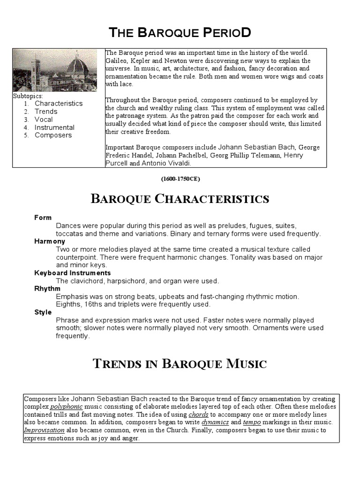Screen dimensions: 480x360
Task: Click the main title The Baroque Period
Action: click(x=180, y=32)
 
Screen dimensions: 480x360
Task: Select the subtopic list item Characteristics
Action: click(x=59, y=103)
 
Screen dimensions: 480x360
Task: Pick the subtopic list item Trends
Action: click(x=46, y=111)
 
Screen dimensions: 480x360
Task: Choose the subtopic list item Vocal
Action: click(x=44, y=119)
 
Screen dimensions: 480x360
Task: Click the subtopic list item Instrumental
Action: click(x=54, y=127)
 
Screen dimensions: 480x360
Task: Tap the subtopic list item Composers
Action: click(x=53, y=135)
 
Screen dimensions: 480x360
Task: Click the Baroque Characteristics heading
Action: click(x=180, y=199)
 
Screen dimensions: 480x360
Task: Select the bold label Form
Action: click(x=43, y=217)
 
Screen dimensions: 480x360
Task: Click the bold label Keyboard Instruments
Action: click(x=72, y=273)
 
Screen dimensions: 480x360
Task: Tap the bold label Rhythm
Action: click(x=47, y=289)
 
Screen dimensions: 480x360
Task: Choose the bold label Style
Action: click(x=43, y=312)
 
